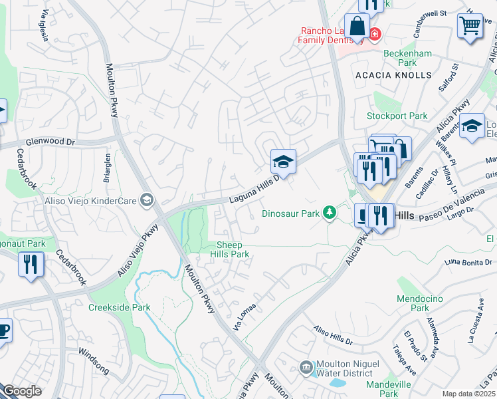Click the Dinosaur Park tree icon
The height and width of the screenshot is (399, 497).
[x=328, y=213]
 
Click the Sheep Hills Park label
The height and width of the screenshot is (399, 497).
[x=230, y=249]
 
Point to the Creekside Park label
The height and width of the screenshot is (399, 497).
[x=120, y=307]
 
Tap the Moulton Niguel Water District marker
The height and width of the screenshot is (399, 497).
[x=306, y=366]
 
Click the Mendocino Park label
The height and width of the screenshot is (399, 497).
[x=419, y=303]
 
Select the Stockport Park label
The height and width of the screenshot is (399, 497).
[x=397, y=116]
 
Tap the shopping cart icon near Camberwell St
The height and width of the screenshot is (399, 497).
[x=470, y=27]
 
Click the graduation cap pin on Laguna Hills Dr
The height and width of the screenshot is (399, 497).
[x=283, y=162]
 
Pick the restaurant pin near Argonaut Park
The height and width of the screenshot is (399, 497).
[x=31, y=264]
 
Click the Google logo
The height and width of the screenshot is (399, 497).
[x=22, y=391]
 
